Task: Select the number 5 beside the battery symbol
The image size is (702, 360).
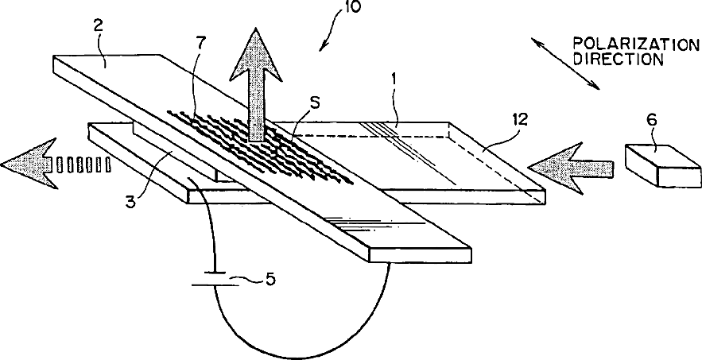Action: tap(271, 281)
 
